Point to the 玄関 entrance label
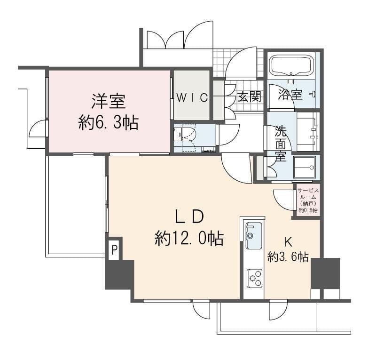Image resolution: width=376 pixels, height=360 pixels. pos(249,96)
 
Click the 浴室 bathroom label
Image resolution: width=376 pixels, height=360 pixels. pos(290,94)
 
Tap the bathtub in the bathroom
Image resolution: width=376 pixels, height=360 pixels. pos(292,65)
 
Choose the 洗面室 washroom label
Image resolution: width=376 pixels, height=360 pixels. pos(281,144)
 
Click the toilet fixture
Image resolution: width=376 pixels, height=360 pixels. pos(189,137)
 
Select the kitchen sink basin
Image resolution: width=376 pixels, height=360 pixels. pos(254,236)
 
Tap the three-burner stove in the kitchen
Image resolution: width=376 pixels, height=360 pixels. pos(254,278)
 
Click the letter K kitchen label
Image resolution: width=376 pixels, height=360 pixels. pos(288,242)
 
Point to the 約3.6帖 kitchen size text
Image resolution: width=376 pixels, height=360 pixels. pos(288,257)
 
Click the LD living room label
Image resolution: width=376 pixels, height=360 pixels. pos(189,216)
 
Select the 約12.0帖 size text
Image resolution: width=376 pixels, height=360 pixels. pos(189,238)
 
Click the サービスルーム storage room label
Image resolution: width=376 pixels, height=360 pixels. pos(308,200)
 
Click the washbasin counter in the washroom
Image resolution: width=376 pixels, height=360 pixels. pos(308,132)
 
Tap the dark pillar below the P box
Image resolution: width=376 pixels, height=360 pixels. pos(119,274)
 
